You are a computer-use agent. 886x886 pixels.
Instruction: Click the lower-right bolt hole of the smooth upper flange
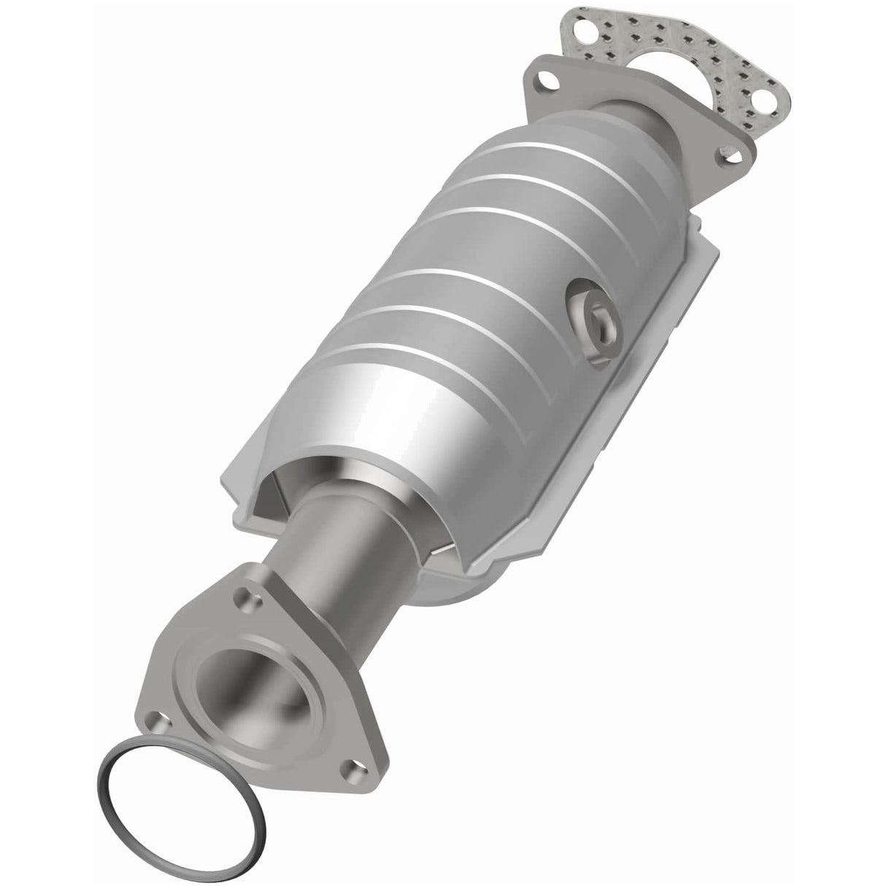(x=730, y=155)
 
